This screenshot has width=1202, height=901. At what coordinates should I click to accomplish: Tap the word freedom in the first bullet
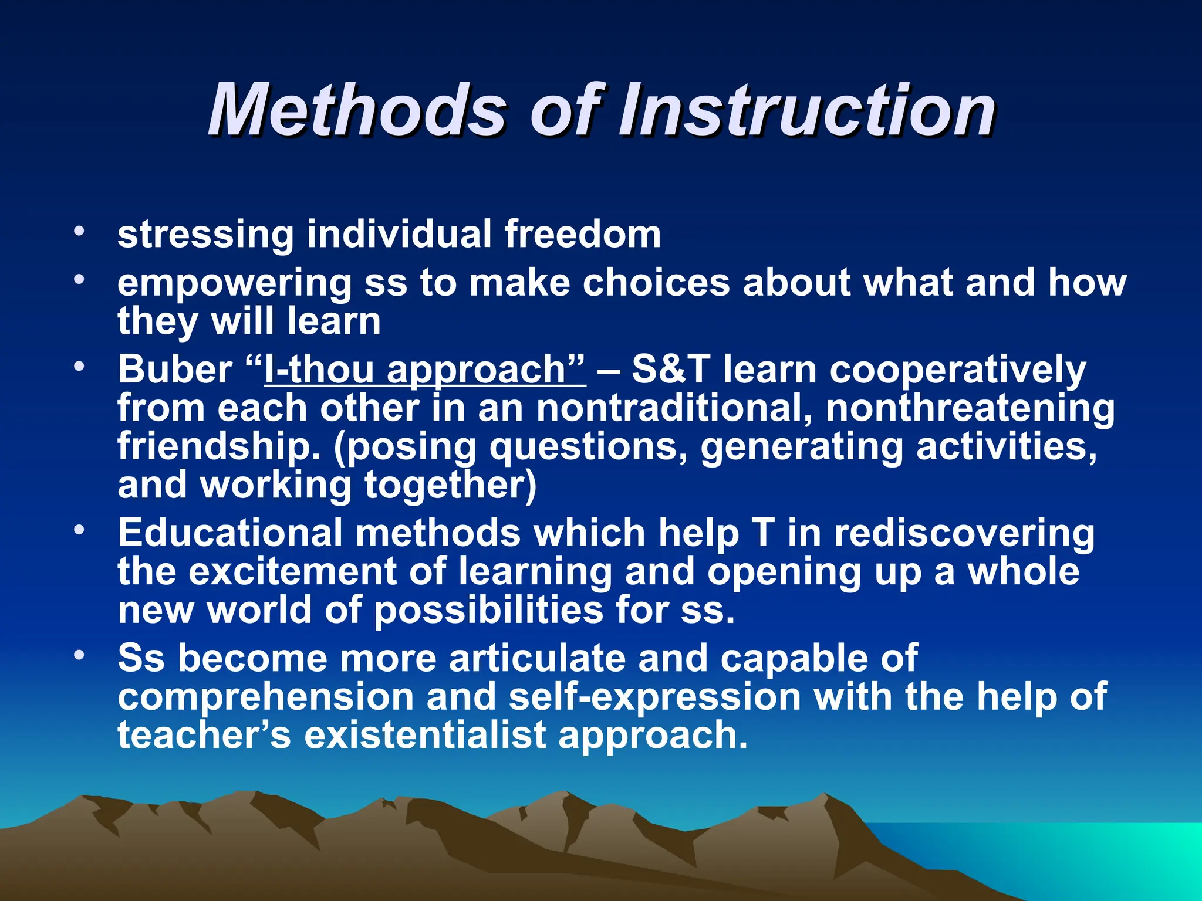click(x=582, y=233)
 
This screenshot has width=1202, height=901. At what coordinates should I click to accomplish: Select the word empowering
click(x=234, y=284)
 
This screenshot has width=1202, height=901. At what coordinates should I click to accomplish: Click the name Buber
click(x=175, y=369)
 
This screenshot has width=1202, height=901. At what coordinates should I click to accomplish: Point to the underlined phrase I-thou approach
click(x=425, y=370)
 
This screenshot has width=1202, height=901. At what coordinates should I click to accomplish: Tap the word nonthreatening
click(x=970, y=408)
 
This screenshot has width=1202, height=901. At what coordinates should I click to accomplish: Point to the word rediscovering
click(x=964, y=534)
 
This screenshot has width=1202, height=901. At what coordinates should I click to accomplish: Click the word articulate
click(x=536, y=658)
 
